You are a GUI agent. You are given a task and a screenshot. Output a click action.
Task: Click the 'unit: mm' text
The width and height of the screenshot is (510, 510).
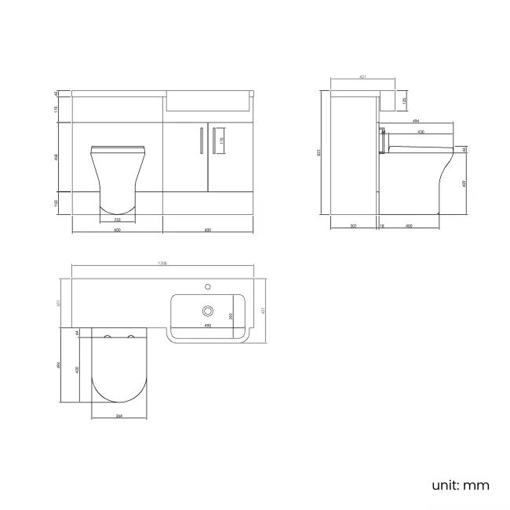click(x=460, y=484)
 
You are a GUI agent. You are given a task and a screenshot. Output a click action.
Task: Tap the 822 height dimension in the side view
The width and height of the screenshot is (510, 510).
click(x=319, y=153)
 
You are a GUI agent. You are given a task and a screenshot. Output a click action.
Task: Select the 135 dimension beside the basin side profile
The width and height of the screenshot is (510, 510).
click(x=404, y=100)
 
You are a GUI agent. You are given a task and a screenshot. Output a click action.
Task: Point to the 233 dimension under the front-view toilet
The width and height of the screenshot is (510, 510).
click(x=117, y=220)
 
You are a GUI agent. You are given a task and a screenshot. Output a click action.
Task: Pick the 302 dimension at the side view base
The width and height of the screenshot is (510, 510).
click(x=353, y=226)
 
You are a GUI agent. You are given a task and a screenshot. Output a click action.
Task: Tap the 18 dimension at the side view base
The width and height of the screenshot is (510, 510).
click(x=381, y=226)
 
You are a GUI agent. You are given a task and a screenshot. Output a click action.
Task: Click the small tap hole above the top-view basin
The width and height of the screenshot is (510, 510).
click(x=209, y=284)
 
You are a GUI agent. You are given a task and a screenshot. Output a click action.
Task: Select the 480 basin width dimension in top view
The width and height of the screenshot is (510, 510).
click(x=208, y=325)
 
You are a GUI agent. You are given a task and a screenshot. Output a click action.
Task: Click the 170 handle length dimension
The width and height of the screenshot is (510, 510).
click(x=222, y=140)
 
